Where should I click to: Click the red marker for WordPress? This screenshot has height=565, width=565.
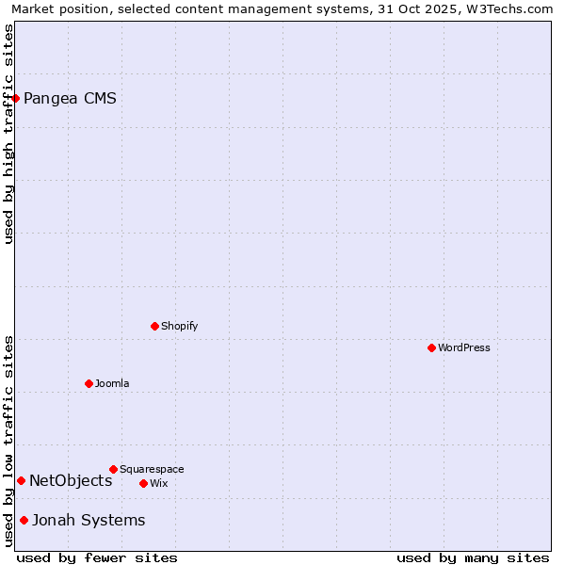[x=431, y=347]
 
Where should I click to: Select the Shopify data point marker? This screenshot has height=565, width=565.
[x=154, y=326]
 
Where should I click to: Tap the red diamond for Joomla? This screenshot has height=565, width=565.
[x=89, y=383]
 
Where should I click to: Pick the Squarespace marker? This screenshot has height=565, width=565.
[x=113, y=469]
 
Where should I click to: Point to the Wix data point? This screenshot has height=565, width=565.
[x=143, y=483]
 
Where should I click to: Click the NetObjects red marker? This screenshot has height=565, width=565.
[x=21, y=480]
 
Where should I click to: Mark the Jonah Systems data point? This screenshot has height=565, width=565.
[x=24, y=520]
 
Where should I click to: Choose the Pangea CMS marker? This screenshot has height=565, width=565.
[x=15, y=98]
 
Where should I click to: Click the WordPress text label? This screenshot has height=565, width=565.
[x=464, y=347]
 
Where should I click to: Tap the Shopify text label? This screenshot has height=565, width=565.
[x=180, y=326]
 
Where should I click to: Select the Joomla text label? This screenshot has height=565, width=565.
[x=112, y=383]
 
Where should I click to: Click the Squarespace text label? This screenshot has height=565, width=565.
[x=152, y=469]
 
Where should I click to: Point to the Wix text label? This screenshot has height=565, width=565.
[x=159, y=483]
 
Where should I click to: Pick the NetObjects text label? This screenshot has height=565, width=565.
[x=71, y=480]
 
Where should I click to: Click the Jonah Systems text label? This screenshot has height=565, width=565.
[x=89, y=520]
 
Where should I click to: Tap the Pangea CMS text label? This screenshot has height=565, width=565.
[x=70, y=98]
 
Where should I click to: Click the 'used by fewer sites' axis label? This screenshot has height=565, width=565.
[x=97, y=557]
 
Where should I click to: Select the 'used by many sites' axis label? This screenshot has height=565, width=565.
[x=473, y=557]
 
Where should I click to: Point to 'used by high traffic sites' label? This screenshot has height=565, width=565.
[x=9, y=134]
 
